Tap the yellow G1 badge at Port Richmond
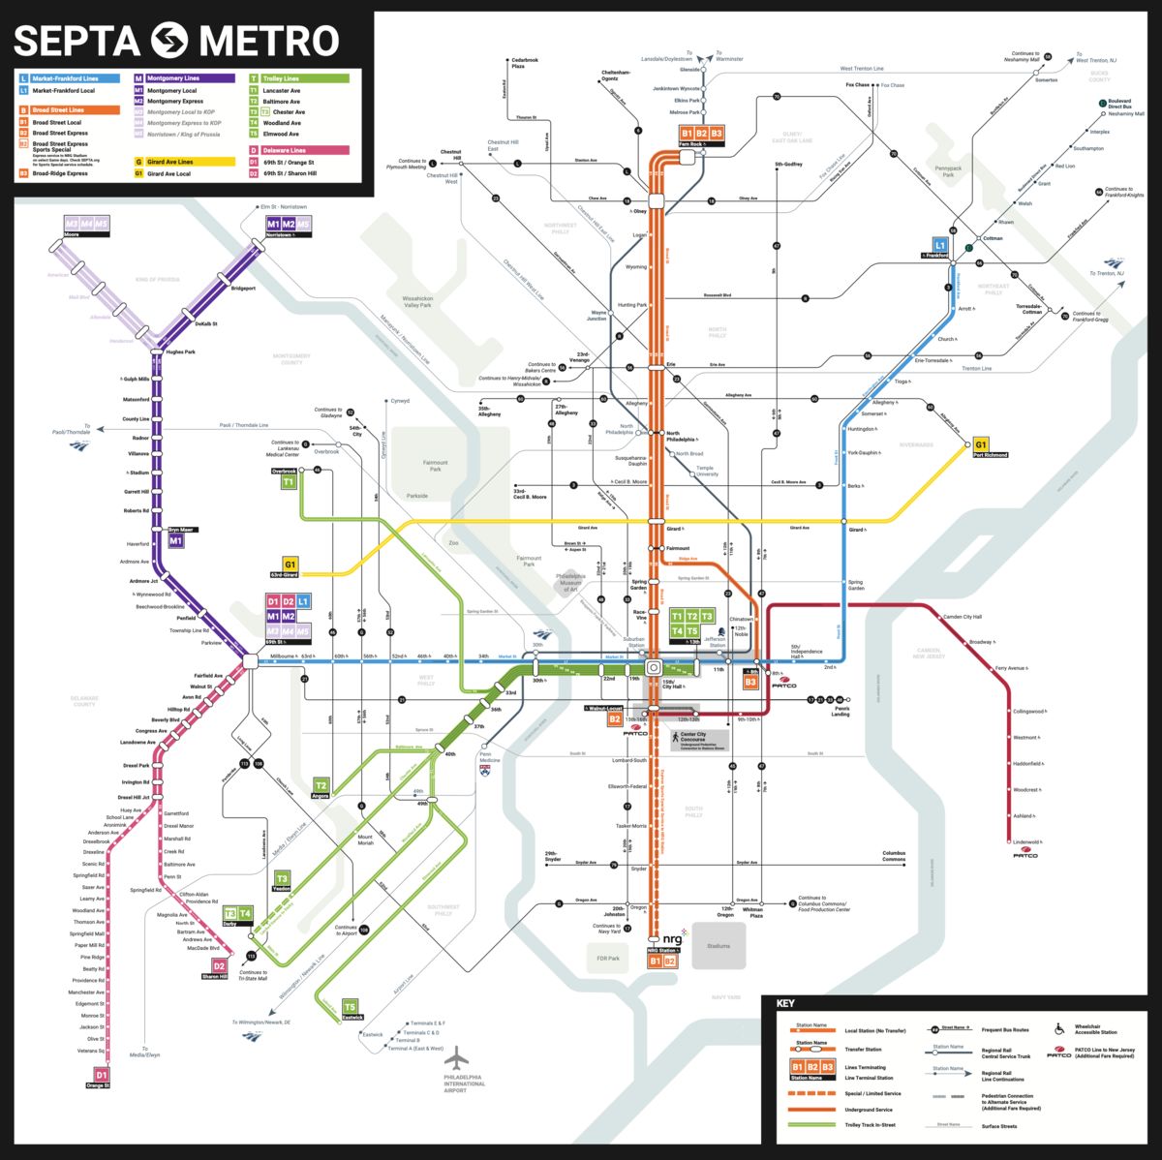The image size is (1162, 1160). coord(981,444)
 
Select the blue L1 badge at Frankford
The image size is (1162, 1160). coord(939,246)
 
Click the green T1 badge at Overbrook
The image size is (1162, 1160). coord(288,481)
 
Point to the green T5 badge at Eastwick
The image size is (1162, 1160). coord(350,1007)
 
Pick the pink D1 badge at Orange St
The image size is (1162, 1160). coord(99,1074)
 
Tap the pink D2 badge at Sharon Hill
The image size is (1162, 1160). coord(219,965)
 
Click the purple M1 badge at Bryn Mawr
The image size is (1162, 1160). coord(175,541)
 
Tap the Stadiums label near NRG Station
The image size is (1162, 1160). coord(719,946)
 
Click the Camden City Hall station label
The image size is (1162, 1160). coord(963,617)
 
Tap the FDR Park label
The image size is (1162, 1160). coord(607,958)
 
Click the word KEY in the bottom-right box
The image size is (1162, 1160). coord(785,1004)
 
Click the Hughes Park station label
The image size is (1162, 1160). coord(180,351)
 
